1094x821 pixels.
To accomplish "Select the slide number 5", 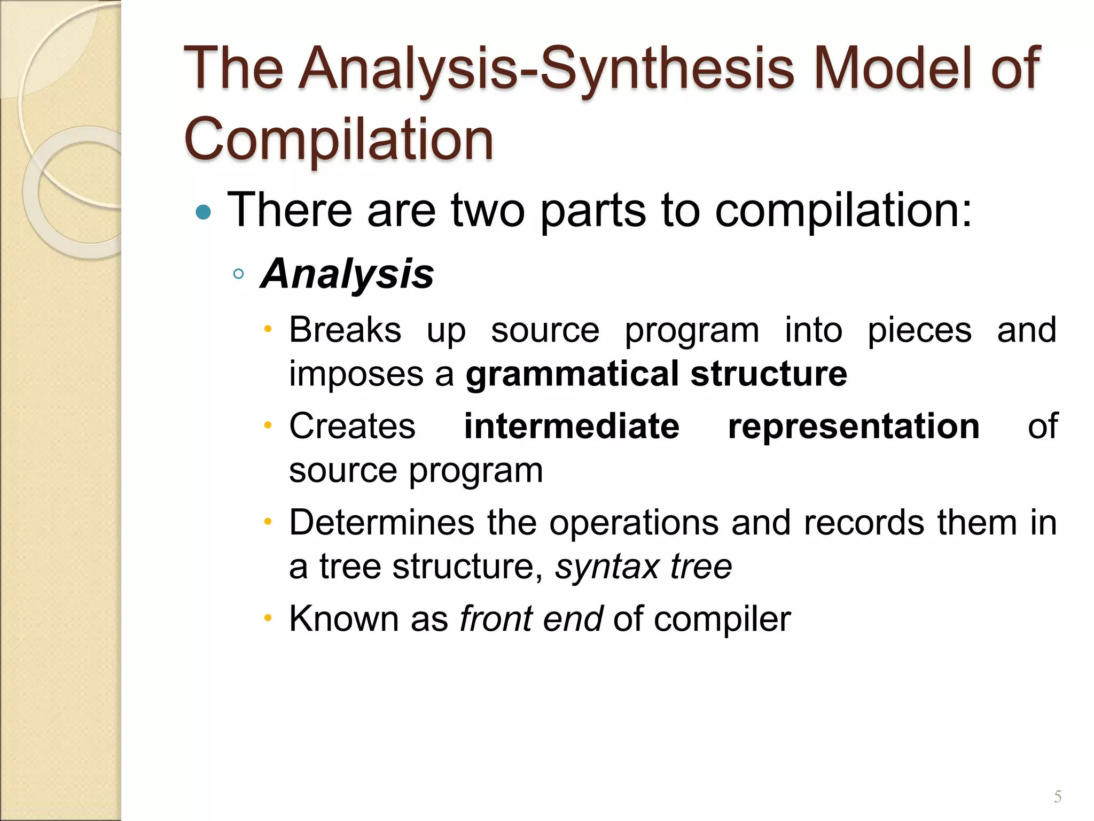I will (x=1057, y=797).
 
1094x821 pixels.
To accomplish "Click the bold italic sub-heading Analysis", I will (x=347, y=274).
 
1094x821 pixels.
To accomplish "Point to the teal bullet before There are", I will (x=204, y=213).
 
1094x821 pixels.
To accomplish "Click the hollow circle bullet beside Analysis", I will (x=239, y=274).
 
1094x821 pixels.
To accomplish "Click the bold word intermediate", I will (x=572, y=426).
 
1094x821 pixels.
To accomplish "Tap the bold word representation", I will (x=853, y=426).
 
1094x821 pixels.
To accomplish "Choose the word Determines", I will (x=381, y=522).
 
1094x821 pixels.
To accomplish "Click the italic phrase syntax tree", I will (x=643, y=567).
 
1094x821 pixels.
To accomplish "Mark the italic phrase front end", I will (x=531, y=618).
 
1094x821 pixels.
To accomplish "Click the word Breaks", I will (x=345, y=330).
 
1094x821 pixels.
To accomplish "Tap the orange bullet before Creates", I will (x=268, y=426).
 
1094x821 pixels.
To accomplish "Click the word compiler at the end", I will (x=722, y=619).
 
